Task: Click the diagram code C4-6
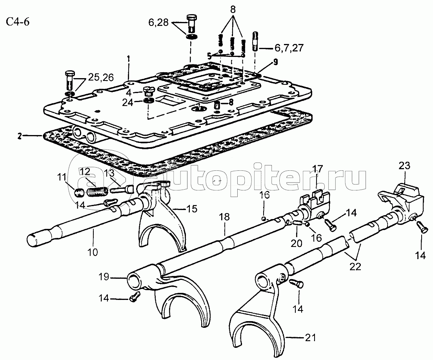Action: (x=18, y=22)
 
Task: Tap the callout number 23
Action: (x=404, y=166)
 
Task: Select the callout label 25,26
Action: (x=101, y=77)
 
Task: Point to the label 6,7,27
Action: (x=289, y=48)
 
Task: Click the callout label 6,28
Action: (x=158, y=22)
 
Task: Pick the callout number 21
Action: (x=310, y=337)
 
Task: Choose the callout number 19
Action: (x=104, y=277)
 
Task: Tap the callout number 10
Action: (x=93, y=252)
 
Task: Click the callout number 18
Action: (x=224, y=217)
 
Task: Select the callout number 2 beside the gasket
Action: (x=19, y=136)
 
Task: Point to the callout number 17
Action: (x=318, y=168)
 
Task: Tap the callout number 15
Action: (x=192, y=209)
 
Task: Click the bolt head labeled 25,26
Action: (x=69, y=74)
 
